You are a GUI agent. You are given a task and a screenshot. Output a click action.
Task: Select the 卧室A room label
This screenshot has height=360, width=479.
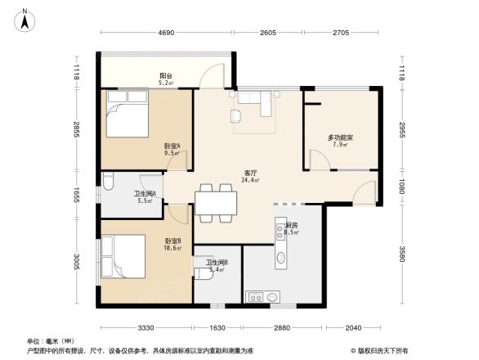coord(172,146)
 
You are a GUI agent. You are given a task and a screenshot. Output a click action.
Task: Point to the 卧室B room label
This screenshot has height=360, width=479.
coord(172,241)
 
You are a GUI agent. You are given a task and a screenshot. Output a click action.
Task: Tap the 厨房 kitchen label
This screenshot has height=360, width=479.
coord(291,225)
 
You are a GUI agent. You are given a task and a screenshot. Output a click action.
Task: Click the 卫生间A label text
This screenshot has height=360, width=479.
coord(145,194)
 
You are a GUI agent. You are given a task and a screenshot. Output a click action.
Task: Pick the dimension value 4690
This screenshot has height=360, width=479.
coord(167,34)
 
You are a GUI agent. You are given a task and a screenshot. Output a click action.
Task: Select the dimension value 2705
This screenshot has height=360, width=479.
coord(341,34)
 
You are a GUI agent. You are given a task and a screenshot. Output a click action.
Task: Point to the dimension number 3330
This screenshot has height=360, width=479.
coord(146,327)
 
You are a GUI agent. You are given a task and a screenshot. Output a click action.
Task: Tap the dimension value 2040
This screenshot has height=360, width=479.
coord(351,327)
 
